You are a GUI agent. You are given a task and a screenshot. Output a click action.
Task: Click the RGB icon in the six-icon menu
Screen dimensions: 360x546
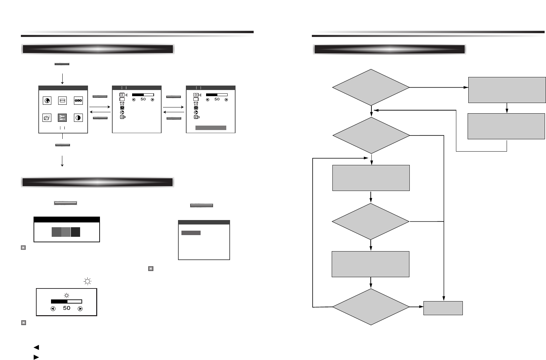[x=78, y=101]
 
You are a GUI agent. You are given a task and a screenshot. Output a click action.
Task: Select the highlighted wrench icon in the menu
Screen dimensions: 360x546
[x=62, y=118]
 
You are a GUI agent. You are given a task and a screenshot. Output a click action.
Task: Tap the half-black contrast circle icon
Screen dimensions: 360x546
[x=78, y=118]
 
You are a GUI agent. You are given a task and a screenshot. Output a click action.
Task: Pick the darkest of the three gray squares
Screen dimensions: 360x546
[x=75, y=232]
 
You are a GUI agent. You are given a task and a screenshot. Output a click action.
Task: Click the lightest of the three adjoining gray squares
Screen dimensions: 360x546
[x=66, y=232]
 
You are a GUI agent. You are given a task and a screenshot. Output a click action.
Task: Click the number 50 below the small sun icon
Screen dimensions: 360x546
[x=66, y=308]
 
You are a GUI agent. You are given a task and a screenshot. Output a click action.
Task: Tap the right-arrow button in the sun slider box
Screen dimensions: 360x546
[x=80, y=308]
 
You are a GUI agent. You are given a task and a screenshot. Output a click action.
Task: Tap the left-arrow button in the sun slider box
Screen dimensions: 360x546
[x=53, y=308]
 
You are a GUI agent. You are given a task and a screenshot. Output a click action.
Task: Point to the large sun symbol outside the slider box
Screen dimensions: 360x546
[x=88, y=282]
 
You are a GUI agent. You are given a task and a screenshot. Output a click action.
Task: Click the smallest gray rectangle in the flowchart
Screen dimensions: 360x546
[x=443, y=308]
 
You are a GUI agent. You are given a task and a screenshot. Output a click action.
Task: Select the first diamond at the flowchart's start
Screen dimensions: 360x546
[x=371, y=87]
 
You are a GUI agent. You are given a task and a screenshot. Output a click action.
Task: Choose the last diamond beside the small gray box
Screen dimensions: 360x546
[x=371, y=307]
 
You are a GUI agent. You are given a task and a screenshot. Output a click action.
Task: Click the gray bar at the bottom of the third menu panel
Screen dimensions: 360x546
[x=211, y=128]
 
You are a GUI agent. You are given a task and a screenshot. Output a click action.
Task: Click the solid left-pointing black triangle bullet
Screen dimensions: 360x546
[x=36, y=347]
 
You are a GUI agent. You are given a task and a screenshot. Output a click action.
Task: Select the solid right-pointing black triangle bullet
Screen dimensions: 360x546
[x=36, y=357]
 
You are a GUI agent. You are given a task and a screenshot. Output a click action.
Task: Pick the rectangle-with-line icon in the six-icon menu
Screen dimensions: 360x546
[x=62, y=101]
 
